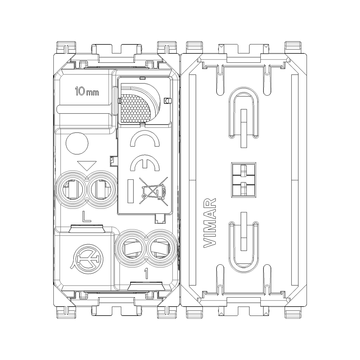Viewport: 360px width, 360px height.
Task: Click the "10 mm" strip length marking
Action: click(x=87, y=91)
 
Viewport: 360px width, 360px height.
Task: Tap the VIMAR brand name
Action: click(x=210, y=223)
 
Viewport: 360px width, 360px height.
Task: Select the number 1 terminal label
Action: click(x=146, y=274)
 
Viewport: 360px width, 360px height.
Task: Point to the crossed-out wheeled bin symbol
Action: click(x=154, y=191)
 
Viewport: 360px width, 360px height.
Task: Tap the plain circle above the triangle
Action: click(x=77, y=143)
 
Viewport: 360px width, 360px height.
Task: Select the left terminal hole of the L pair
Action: click(x=72, y=189)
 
